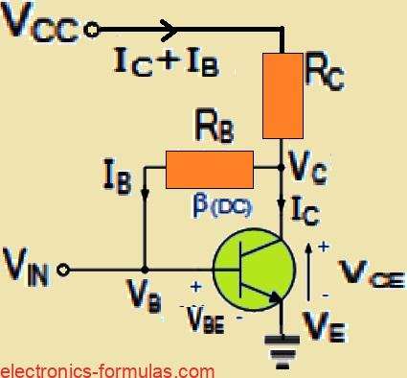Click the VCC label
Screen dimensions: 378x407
tap(40, 26)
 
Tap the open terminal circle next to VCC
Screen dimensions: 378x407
tap(92, 30)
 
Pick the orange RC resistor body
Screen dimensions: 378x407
tap(282, 95)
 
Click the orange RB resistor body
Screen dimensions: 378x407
tap(209, 169)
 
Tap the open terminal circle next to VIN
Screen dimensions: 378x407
tap(63, 270)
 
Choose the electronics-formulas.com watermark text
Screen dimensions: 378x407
tap(107, 368)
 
